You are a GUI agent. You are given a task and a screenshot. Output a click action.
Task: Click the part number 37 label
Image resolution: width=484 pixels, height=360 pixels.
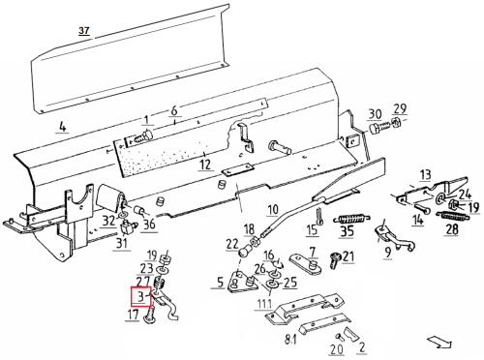click(84, 31)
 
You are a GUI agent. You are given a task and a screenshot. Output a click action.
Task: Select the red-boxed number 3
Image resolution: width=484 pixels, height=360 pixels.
click(140, 296)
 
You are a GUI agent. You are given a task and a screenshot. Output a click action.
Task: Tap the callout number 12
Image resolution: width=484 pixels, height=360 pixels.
click(205, 165)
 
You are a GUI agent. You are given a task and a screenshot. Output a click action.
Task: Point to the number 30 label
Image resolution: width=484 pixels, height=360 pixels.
click(375, 114)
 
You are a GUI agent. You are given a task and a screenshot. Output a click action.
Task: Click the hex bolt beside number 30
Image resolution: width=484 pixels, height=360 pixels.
click(379, 129)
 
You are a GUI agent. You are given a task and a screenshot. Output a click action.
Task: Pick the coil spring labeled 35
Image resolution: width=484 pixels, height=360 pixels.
click(351, 219)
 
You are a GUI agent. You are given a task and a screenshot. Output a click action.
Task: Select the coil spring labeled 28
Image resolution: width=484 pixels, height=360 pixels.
click(453, 217)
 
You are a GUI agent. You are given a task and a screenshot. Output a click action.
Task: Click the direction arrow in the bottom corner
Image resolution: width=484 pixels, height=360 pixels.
click(439, 342)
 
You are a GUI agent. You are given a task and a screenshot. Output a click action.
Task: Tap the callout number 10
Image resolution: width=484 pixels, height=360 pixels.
click(273, 210)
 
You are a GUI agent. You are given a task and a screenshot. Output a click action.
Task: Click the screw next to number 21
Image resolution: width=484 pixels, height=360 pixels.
click(335, 260)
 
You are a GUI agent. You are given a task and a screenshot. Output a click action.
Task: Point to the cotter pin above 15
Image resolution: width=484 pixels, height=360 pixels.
click(319, 216)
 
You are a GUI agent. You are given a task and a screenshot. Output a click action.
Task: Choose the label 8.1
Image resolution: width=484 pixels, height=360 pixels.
click(290, 340)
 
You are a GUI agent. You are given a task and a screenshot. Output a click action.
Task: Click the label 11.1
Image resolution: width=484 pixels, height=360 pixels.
click(264, 304)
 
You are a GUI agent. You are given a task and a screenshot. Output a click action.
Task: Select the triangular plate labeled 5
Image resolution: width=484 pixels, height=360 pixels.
click(243, 283)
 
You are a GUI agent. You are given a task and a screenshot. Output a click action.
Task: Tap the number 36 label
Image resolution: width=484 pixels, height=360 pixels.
click(149, 224)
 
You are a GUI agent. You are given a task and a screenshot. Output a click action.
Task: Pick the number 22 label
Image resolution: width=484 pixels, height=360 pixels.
click(232, 244)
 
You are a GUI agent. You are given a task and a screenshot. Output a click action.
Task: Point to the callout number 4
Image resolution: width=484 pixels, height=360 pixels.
click(62, 126)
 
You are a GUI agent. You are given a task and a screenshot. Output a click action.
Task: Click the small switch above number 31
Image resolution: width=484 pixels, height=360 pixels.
click(126, 227)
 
